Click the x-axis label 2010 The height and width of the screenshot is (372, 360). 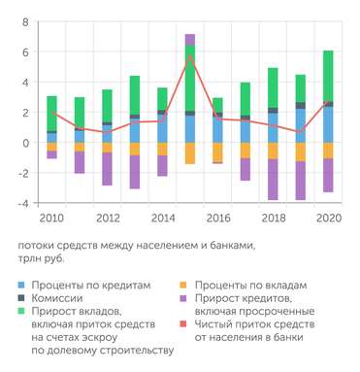pos(52,219)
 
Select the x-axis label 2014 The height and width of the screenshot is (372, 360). pos(163,219)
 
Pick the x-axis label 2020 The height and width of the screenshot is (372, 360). pos(329,219)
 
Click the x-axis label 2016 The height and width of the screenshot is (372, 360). pos(218,219)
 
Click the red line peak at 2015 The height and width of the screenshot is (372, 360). pos(190,57)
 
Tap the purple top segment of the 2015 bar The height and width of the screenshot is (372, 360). pos(190,39)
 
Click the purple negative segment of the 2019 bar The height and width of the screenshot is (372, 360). pos(301,180)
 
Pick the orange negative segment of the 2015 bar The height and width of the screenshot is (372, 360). pos(190,153)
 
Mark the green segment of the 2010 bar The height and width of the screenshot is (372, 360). pos(51,113)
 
